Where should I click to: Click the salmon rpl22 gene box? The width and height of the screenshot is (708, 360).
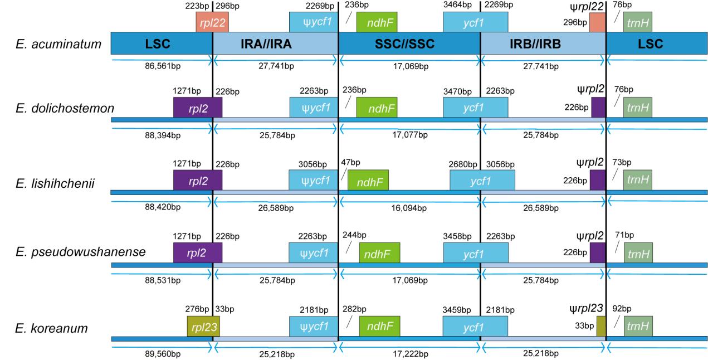click(x=212, y=22)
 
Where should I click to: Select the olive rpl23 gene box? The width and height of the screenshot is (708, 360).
click(x=199, y=326)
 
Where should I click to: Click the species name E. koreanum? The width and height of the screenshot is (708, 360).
click(x=51, y=328)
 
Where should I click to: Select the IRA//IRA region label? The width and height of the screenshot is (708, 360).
click(x=275, y=43)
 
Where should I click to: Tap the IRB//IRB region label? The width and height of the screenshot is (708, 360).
click(x=543, y=43)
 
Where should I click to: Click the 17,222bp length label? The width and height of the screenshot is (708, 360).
click(x=409, y=353)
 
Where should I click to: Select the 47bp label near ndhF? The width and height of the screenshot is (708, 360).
click(x=351, y=162)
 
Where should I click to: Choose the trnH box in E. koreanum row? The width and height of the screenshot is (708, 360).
click(x=637, y=326)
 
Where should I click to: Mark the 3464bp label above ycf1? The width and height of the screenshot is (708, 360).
click(x=456, y=5)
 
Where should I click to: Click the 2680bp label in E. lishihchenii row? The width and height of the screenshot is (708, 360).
click(x=463, y=164)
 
